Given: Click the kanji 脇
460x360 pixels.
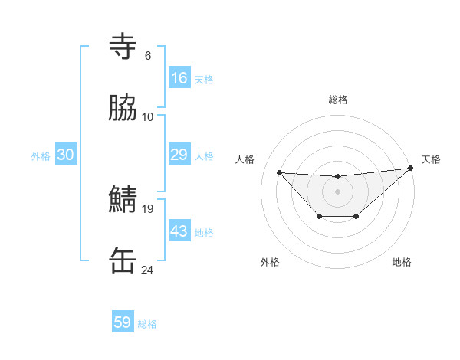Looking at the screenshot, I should tap(123, 109).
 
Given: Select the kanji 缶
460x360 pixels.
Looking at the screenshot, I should tap(123, 261).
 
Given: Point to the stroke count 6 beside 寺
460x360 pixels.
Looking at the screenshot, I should tap(147, 56).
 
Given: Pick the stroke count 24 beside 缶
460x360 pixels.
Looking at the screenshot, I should tap(148, 270).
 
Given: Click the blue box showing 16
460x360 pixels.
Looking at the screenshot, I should tap(179, 78).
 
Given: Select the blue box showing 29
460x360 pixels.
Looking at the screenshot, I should tap(179, 155).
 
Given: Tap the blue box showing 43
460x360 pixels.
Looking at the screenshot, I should tap(179, 231).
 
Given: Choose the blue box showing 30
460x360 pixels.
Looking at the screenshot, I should tap(66, 155).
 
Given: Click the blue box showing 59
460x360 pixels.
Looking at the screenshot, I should tap(123, 322).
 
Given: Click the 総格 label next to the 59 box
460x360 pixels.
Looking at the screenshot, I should tap(147, 324).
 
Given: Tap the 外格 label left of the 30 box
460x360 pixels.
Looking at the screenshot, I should tap(41, 156).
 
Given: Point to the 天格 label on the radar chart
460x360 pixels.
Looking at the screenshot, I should tap(431, 159).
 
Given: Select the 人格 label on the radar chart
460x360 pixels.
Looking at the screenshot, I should tap(245, 159).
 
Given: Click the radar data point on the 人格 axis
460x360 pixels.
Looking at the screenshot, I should tap(280, 172).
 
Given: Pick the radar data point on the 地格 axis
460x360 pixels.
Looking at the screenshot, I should tap(356, 218).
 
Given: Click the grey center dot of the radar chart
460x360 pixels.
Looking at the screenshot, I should tap(337, 191).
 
